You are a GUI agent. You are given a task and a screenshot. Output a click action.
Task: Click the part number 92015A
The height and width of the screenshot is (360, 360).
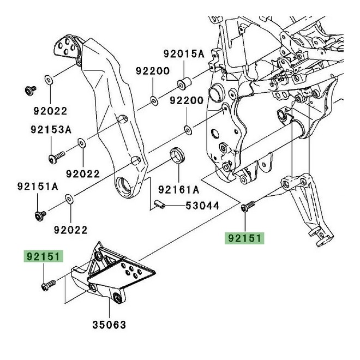[183, 54]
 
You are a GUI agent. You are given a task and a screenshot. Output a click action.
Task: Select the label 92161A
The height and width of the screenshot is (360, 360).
[179, 190]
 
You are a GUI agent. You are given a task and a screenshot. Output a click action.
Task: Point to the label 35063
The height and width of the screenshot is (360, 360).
[109, 326]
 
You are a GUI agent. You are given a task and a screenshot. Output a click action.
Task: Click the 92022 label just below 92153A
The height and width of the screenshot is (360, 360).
[83, 174]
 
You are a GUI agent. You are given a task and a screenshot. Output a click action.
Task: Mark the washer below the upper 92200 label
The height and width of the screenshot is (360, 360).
[153, 99]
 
